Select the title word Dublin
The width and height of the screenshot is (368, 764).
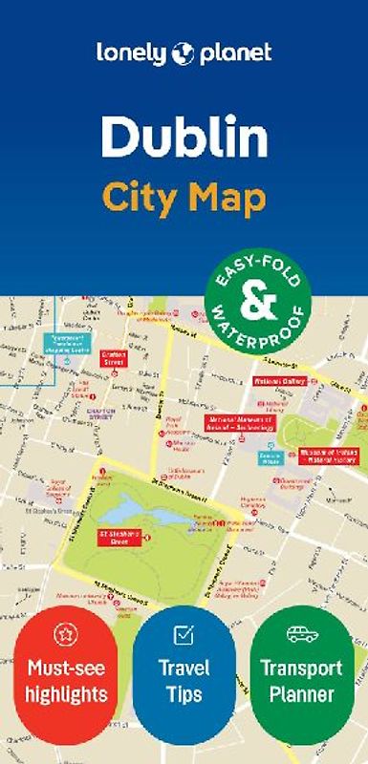point(184,138)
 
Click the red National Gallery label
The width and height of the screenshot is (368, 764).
point(279,382)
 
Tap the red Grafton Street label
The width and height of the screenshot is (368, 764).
point(114,357)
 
